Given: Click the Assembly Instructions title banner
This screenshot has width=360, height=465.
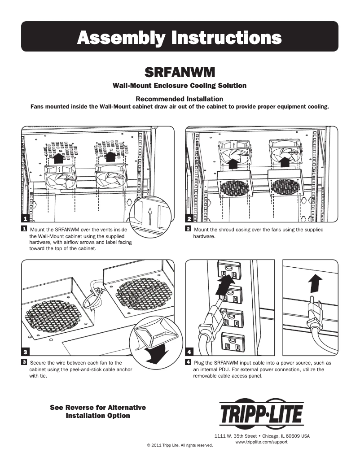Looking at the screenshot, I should tap(180, 37).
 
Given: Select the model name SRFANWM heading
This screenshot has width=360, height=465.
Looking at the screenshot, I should tap(180, 72).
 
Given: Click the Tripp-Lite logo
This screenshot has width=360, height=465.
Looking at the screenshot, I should tap(261, 413).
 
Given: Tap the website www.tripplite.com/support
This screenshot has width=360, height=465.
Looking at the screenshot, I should tap(261, 442).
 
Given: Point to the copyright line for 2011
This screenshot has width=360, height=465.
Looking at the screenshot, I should tap(180, 445).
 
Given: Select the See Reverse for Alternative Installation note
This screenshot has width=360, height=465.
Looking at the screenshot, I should tap(98, 412).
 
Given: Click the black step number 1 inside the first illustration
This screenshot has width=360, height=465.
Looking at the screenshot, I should tap(25, 218).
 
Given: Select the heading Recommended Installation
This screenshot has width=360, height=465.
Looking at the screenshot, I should tap(180, 99).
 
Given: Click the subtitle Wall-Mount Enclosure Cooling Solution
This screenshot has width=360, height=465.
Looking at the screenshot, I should tap(180, 85).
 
